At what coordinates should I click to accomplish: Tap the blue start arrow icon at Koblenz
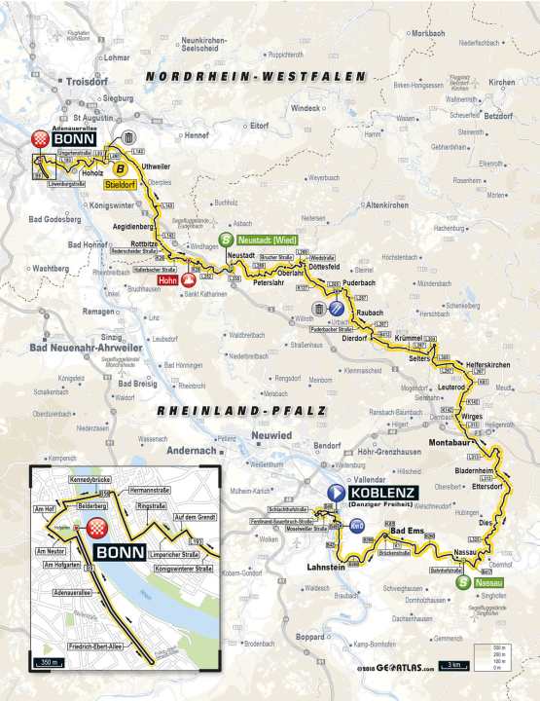point(336,494)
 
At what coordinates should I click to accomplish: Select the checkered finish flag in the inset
point(97,529)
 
